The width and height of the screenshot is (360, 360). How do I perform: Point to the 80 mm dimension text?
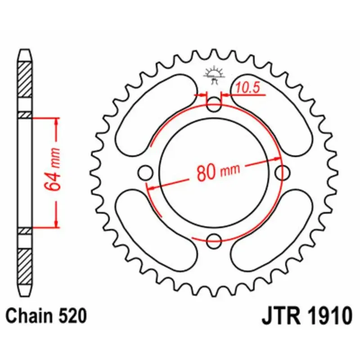(x=218, y=171)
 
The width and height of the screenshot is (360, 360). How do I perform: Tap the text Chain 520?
(x=46, y=316)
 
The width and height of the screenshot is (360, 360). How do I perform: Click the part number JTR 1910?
(x=306, y=316)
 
